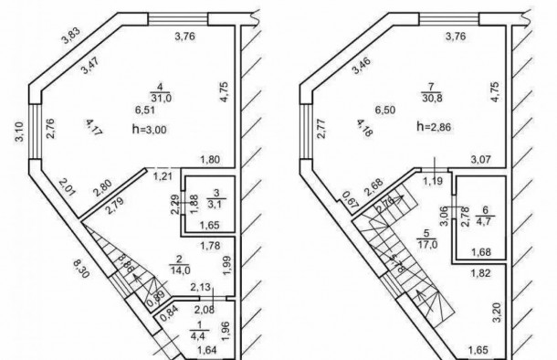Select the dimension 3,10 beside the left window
17,135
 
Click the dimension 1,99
226,265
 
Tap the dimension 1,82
481,272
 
